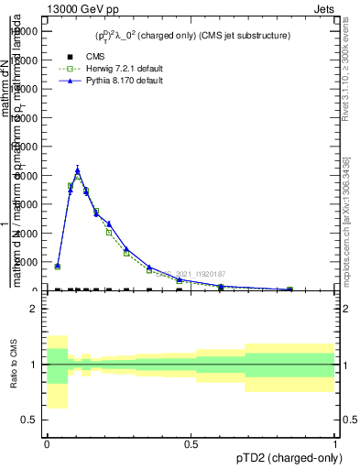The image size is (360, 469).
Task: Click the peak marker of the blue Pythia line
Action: tap(78, 169)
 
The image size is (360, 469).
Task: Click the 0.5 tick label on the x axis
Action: tap(191, 443)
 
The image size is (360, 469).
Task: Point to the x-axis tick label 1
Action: tap(336, 443)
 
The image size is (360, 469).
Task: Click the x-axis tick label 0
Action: tap(47, 443)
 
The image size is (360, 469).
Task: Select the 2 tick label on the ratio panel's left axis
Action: tap(34, 309)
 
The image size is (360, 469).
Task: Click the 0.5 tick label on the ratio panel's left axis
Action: tap(29, 420)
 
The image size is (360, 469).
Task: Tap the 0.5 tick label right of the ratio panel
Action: tap(351, 420)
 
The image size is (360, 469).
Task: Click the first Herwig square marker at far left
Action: tap(58, 267)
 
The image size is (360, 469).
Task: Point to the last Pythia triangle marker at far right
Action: tap(289, 289)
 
